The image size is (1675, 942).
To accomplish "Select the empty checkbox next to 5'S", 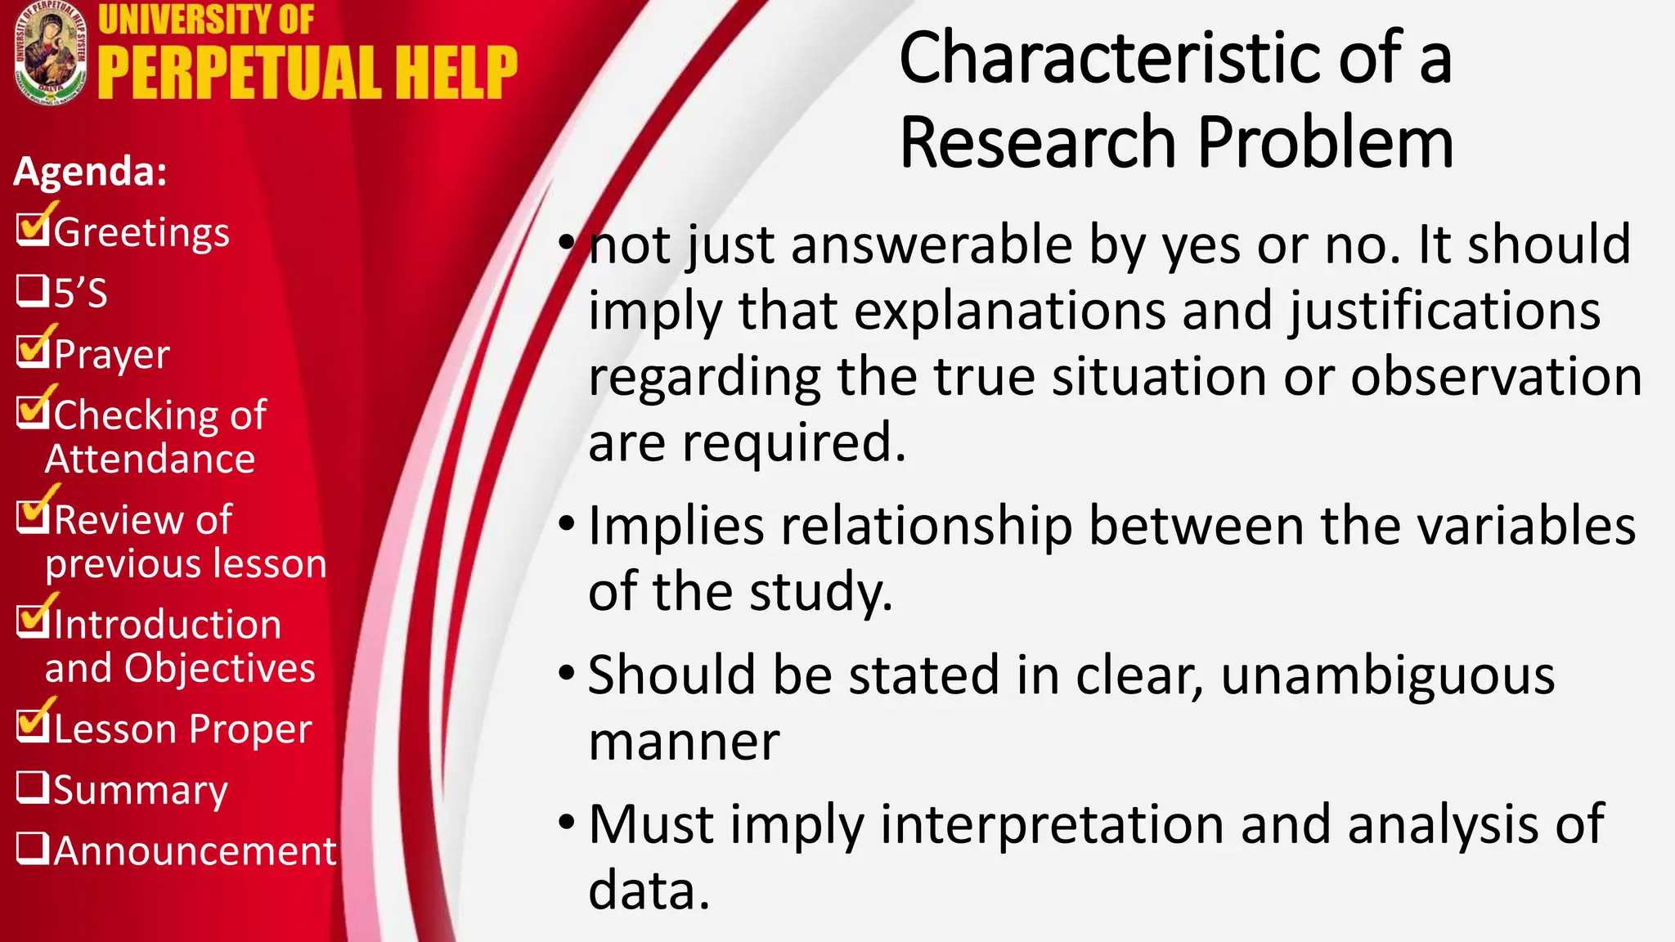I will (x=32, y=290).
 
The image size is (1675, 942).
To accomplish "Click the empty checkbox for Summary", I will (x=32, y=787).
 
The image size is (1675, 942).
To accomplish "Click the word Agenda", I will (x=90, y=172).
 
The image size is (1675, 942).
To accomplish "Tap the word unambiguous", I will (x=1388, y=675).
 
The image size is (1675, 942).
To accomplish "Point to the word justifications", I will (x=1444, y=312).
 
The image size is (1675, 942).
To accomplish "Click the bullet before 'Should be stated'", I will (x=567, y=674).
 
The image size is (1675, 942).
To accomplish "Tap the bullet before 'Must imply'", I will (x=567, y=823).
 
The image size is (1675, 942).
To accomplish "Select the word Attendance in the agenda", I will (x=150, y=459).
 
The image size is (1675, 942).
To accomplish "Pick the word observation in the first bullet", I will (x=1496, y=377).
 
